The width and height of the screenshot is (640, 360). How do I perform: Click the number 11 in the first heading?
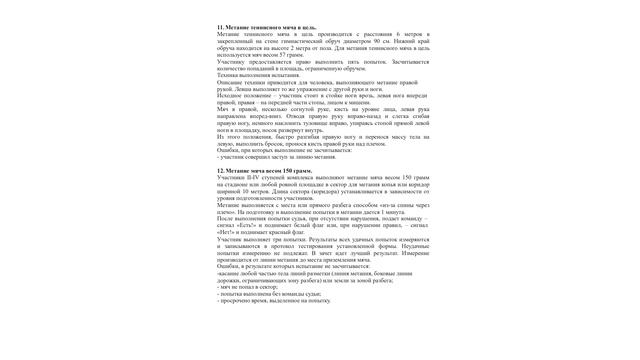pos(220,27)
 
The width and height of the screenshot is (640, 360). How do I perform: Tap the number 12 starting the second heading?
pos(220,171)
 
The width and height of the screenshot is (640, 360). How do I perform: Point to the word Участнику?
pos(233,63)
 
